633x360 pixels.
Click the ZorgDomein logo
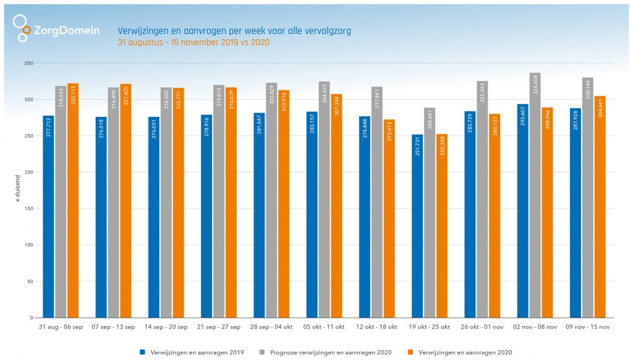(56, 29)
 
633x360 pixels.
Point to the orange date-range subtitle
(193, 43)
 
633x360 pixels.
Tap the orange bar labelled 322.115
(73, 200)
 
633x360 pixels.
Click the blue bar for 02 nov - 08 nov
(523, 211)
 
